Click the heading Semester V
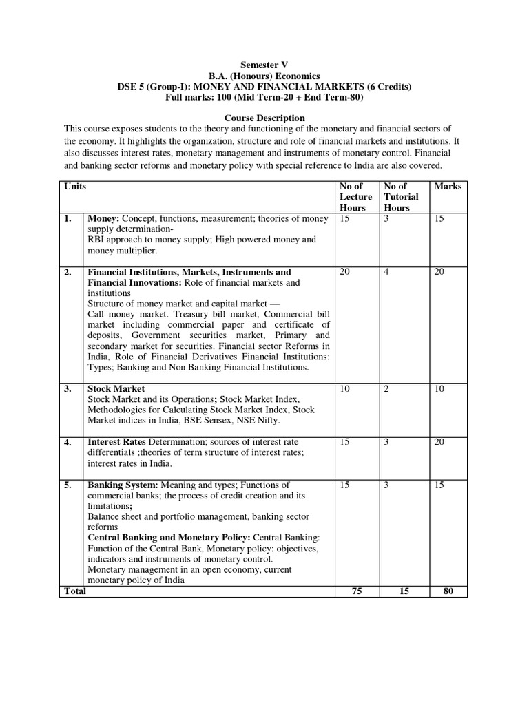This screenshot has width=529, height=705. [x=264, y=64]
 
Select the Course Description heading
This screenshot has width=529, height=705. [x=264, y=118]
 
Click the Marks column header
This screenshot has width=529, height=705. [x=448, y=187]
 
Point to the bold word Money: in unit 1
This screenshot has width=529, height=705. [x=103, y=218]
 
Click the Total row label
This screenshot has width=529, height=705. [x=75, y=591]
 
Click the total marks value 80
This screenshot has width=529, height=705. [x=448, y=591]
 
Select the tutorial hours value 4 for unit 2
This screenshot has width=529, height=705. [x=386, y=272]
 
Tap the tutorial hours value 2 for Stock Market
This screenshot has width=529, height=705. [x=386, y=389]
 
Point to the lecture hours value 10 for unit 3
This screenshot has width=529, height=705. [x=345, y=389]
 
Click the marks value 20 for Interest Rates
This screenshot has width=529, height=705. [x=439, y=441]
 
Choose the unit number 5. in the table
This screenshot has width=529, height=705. [x=68, y=485]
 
